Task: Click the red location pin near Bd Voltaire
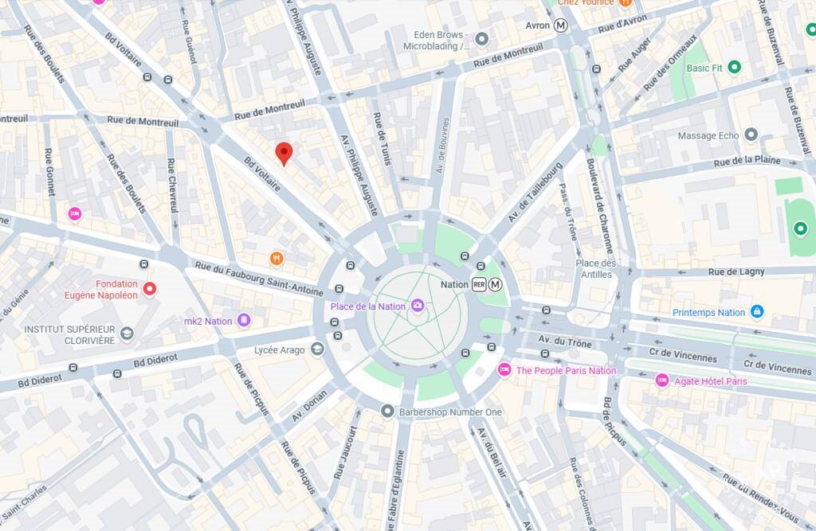pyautogui.click(x=284, y=153)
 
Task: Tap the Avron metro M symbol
pyautogui.click(x=562, y=25)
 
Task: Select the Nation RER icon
pyautogui.click(x=480, y=284)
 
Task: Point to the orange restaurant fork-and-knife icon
pyautogui.click(x=277, y=258)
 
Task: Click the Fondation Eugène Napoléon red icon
pyautogui.click(x=149, y=289)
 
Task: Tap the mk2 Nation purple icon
pyautogui.click(x=244, y=321)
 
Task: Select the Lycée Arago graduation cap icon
pyautogui.click(x=317, y=349)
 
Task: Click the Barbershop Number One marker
pyautogui.click(x=387, y=412)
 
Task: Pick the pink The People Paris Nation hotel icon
pyautogui.click(x=504, y=370)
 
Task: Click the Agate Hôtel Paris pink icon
pyautogui.click(x=662, y=381)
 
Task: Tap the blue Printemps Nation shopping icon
pyautogui.click(x=757, y=312)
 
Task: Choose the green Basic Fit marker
pyautogui.click(x=735, y=68)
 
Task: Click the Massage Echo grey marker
pyautogui.click(x=751, y=135)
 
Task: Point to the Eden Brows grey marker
pyautogui.click(x=481, y=38)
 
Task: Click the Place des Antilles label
pyautogui.click(x=597, y=269)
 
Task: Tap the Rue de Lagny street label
pyautogui.click(x=736, y=271)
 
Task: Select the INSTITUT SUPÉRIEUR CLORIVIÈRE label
pyautogui.click(x=69, y=334)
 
